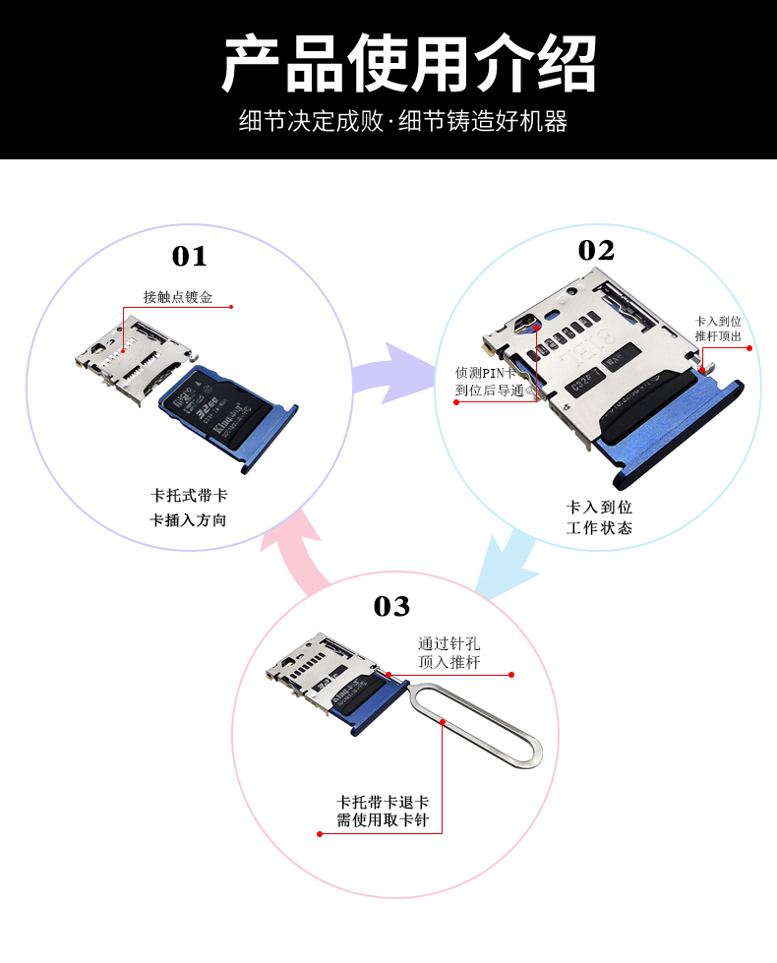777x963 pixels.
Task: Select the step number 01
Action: click(x=190, y=257)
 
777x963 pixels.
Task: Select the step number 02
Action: click(x=596, y=251)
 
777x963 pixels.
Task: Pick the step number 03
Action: click(x=391, y=606)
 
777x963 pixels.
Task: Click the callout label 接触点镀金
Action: click(x=178, y=296)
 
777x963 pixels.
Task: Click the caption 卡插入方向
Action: click(x=188, y=519)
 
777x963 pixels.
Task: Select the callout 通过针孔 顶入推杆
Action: click(x=449, y=652)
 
